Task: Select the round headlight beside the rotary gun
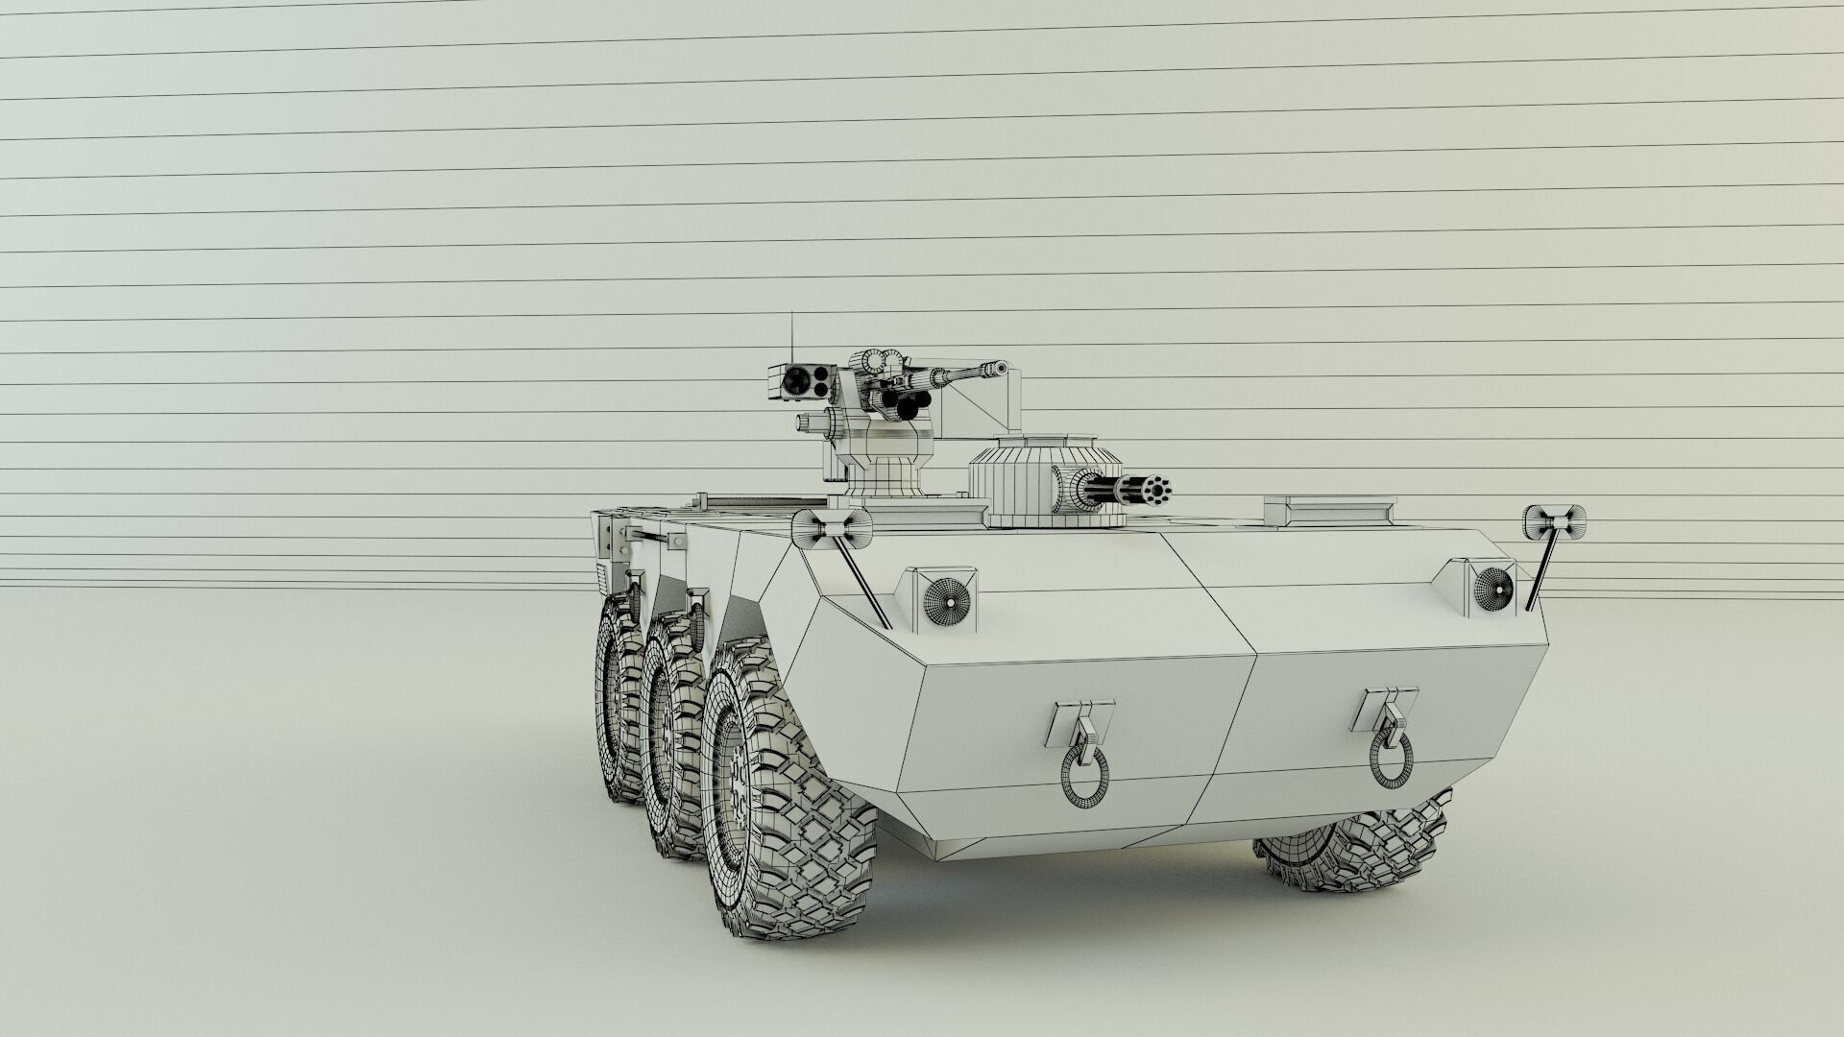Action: [x=947, y=599]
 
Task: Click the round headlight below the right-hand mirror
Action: [x=1493, y=583]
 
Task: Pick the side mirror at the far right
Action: [x=1554, y=521]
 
